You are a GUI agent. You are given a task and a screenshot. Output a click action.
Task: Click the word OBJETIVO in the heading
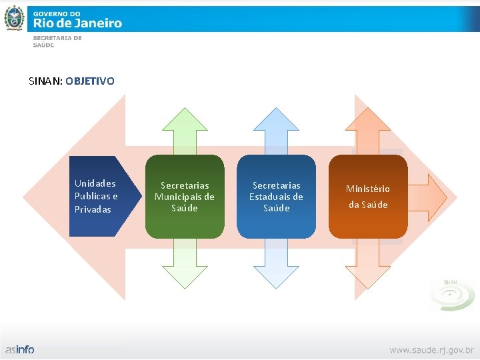(91, 81)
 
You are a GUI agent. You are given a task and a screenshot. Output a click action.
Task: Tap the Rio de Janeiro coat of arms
(14, 18)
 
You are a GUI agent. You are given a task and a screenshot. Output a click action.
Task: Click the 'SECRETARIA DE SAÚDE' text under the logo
(57, 41)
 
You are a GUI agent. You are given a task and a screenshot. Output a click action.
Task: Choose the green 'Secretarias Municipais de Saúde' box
(185, 196)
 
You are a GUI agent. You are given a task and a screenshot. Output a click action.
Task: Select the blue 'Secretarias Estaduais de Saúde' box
(276, 196)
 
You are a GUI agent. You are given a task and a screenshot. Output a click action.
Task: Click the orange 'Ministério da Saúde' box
(367, 196)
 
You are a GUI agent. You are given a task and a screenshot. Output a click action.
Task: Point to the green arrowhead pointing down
(185, 273)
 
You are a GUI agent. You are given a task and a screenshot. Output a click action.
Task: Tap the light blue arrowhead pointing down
(276, 273)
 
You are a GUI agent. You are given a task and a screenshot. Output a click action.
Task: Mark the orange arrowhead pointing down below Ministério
(367, 273)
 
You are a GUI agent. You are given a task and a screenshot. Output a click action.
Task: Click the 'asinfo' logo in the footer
(20, 349)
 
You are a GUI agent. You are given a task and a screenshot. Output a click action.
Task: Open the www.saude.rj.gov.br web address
(431, 349)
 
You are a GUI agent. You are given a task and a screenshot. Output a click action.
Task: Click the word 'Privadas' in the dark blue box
(93, 209)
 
